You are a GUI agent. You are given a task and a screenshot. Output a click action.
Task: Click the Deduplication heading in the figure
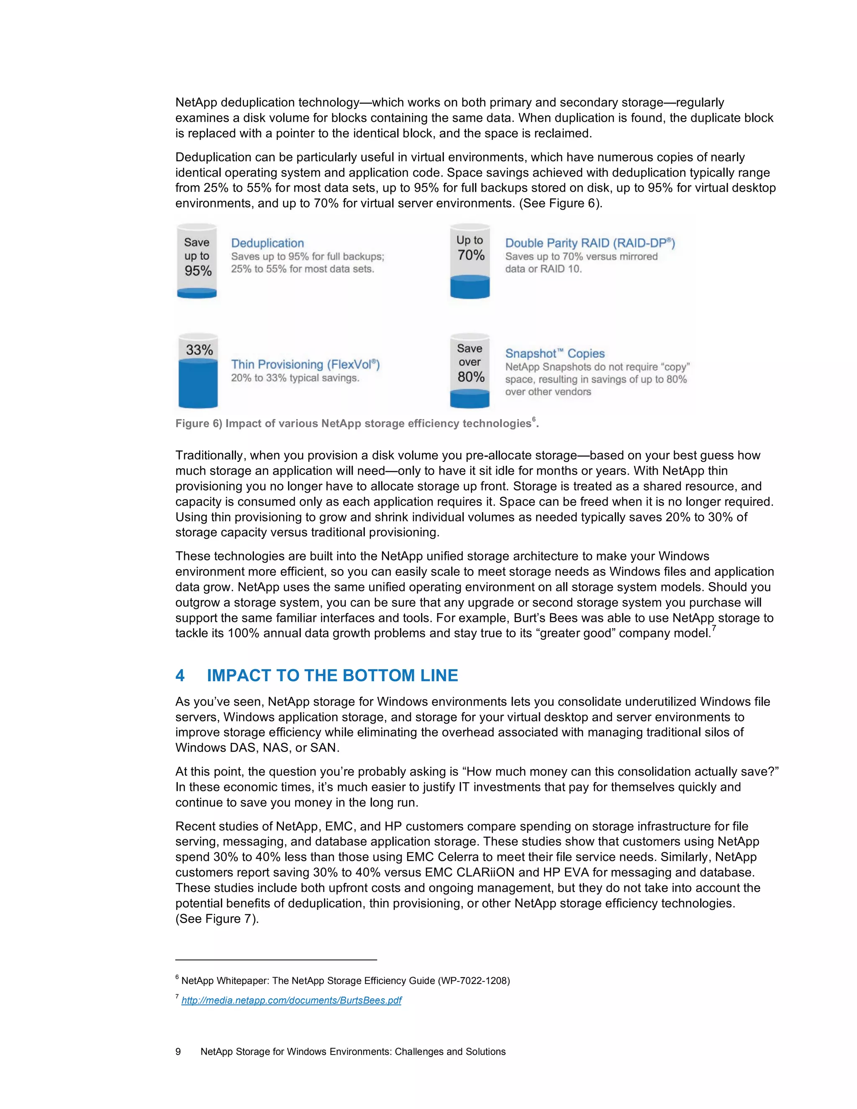point(267,243)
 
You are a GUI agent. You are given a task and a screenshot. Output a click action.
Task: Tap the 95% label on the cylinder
point(198,271)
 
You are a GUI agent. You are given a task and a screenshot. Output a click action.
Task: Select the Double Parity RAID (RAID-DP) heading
point(590,243)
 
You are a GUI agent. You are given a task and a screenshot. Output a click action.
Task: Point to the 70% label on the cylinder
point(471,255)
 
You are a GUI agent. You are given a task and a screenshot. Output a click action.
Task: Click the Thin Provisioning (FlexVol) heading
point(305,364)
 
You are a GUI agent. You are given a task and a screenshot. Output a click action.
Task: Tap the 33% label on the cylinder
point(199,350)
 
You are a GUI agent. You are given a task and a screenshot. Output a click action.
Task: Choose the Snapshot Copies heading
point(554,354)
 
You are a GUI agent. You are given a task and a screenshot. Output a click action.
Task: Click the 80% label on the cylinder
point(471,377)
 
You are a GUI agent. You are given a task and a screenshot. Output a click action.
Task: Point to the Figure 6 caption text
point(353,424)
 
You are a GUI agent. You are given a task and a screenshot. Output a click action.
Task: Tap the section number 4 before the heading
point(180,675)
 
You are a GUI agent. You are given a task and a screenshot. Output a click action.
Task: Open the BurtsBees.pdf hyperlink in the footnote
point(291,1000)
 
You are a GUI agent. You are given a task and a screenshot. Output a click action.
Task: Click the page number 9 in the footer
point(178,1052)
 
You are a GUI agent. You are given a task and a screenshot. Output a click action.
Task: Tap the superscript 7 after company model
point(714,629)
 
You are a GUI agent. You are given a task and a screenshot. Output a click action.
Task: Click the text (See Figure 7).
point(217,919)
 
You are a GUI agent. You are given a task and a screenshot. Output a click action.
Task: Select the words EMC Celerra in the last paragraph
point(442,857)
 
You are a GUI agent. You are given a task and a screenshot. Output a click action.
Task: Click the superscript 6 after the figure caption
point(534,419)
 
